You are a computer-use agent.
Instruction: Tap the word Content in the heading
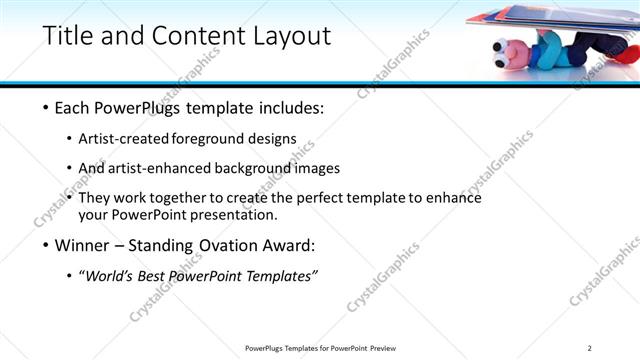[x=185, y=36]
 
